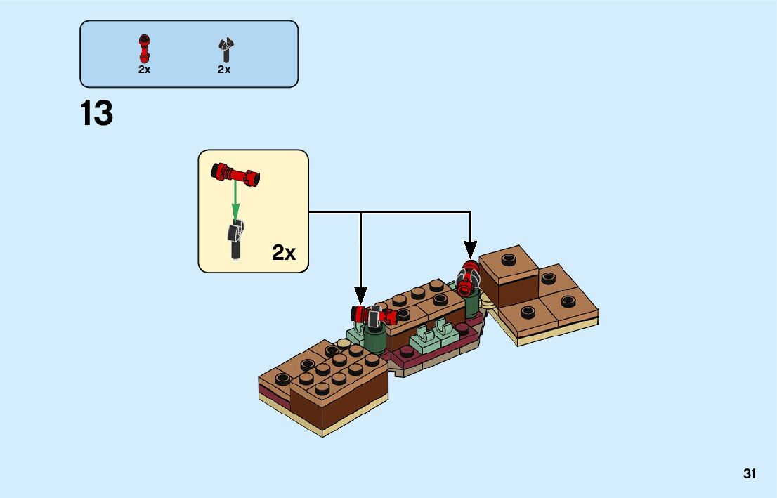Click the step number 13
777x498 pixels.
tap(96, 114)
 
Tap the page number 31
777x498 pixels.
tap(750, 474)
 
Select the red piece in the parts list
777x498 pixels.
tap(144, 48)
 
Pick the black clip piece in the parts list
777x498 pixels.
tap(225, 50)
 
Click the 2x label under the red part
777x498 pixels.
tap(144, 70)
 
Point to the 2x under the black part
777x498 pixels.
tap(224, 70)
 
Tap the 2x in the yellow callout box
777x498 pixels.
tap(284, 253)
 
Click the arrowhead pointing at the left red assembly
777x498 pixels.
tap(360, 297)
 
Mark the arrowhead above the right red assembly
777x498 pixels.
tap(469, 249)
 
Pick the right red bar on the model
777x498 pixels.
tap(466, 277)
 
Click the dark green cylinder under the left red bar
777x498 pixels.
tap(376, 340)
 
